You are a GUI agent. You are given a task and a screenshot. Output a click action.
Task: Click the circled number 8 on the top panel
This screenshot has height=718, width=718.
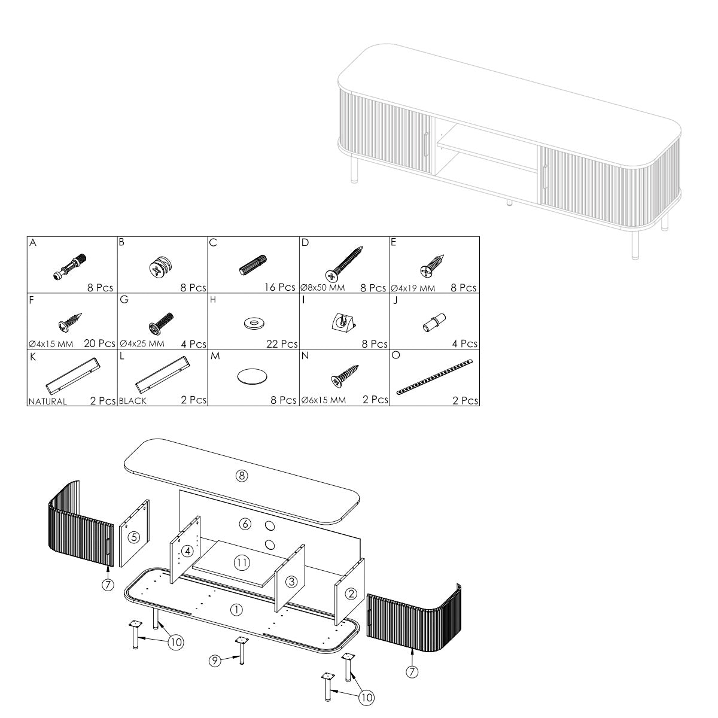pyautogui.click(x=242, y=476)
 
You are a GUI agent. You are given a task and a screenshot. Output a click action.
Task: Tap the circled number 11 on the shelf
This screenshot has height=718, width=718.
pyautogui.click(x=242, y=562)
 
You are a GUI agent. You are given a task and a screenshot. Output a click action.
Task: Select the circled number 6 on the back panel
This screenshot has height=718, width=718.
pyautogui.click(x=245, y=524)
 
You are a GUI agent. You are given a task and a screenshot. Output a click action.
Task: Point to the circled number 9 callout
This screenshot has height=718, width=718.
pyautogui.click(x=215, y=661)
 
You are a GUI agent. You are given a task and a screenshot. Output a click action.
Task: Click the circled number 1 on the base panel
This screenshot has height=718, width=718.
pyautogui.click(x=236, y=610)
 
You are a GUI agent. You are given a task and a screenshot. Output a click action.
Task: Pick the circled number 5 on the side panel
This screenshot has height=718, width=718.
pyautogui.click(x=134, y=537)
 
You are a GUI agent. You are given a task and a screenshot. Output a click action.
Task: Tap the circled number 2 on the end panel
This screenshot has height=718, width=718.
pyautogui.click(x=351, y=594)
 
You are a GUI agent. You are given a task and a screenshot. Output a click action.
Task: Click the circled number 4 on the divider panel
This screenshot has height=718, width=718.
pyautogui.click(x=187, y=550)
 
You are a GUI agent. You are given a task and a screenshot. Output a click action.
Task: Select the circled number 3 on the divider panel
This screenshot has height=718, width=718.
pyautogui.click(x=292, y=581)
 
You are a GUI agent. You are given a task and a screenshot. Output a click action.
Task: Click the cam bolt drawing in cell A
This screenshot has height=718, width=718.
pyautogui.click(x=69, y=267)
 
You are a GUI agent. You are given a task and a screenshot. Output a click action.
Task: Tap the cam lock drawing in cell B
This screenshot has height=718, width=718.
pyautogui.click(x=161, y=267)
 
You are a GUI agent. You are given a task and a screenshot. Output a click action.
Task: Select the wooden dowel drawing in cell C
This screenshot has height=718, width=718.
pyautogui.click(x=253, y=265)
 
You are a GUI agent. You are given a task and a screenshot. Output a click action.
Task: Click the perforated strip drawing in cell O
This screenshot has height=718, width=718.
pyautogui.click(x=434, y=377)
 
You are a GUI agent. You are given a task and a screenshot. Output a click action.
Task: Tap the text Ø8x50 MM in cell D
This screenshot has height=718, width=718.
pyautogui.click(x=323, y=288)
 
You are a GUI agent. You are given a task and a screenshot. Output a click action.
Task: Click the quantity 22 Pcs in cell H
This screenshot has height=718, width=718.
pyautogui.click(x=282, y=344)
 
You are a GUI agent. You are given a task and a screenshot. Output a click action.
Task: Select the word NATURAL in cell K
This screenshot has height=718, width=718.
pyautogui.click(x=47, y=401)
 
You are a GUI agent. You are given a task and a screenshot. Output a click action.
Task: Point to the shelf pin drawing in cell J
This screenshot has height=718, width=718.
pyautogui.click(x=434, y=323)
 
